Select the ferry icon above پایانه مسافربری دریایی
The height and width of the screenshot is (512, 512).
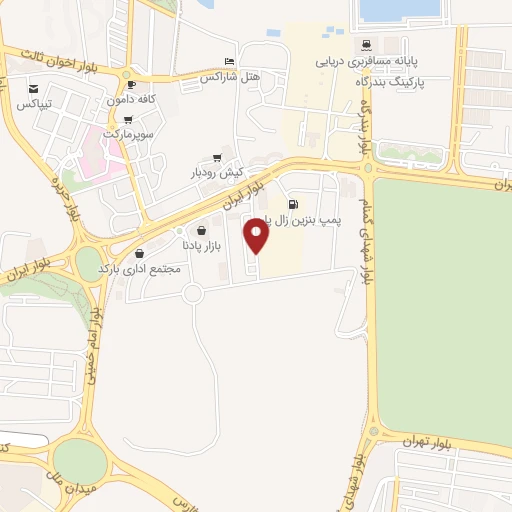click(x=367, y=45)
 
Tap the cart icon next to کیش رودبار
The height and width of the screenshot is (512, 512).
click(x=217, y=158)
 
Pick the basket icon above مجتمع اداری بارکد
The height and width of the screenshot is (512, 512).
click(x=138, y=253)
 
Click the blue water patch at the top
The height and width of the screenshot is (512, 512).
click(x=399, y=9)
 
